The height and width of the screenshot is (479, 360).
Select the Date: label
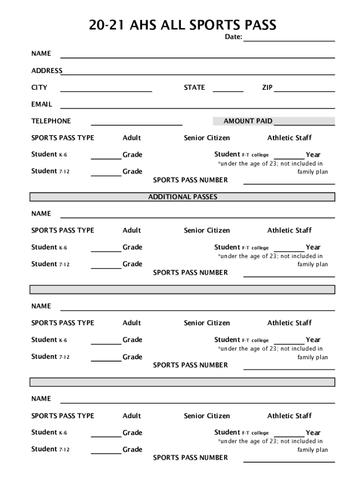coord(233,37)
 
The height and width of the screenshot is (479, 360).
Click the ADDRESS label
coord(47,71)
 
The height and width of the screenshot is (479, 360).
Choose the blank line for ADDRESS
coord(199,74)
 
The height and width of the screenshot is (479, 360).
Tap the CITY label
coord(39,87)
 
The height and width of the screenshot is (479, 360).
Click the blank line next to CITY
coord(106,91)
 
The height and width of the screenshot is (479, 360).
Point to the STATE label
coord(194,87)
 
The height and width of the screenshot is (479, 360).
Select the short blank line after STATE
coord(228,91)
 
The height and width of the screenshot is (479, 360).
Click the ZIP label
coord(267,87)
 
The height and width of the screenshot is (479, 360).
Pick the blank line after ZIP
coord(304,91)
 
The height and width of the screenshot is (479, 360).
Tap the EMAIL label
coord(42,104)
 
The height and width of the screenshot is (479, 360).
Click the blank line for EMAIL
coord(197,108)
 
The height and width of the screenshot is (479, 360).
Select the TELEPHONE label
coord(51,121)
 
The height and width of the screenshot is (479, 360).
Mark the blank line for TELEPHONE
coord(137,124)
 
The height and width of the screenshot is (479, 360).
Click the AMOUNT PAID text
coord(248,121)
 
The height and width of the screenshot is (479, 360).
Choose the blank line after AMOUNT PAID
coord(304,124)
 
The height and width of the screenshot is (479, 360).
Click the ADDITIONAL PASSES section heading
coord(182,197)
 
